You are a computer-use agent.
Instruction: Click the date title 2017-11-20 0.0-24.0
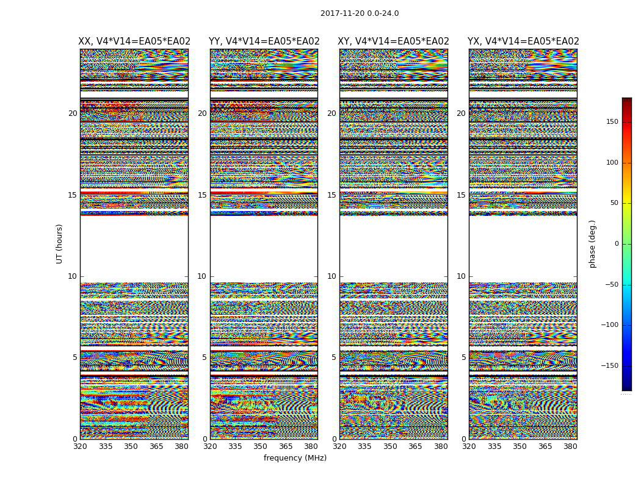point(360,13)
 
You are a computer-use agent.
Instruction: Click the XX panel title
point(134,41)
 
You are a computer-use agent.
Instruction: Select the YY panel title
point(264,41)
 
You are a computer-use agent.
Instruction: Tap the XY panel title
point(394,41)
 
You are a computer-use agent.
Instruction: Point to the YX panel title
point(523,41)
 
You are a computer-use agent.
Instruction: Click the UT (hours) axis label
point(60,243)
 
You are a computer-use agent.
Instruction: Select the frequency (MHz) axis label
point(295,458)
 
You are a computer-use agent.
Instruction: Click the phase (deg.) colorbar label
point(592,244)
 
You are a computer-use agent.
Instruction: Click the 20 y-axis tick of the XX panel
point(73,113)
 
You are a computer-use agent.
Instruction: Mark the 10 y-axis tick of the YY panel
point(202,276)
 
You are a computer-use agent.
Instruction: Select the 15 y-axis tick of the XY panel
point(331,195)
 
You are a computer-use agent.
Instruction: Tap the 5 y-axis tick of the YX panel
point(463,357)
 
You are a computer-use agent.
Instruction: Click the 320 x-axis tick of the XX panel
point(80,447)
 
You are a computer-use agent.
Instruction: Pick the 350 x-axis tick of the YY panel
point(261,447)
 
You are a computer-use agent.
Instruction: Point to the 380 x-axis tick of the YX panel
point(570,447)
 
